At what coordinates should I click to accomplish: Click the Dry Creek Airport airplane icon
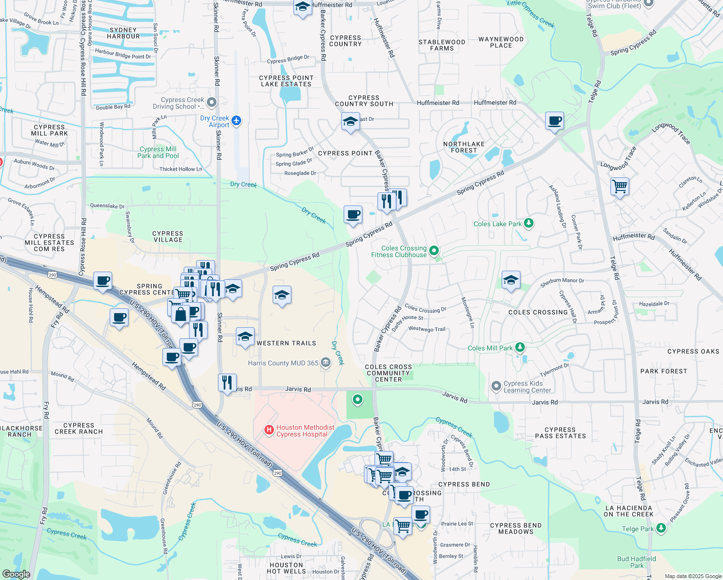tap(236, 120)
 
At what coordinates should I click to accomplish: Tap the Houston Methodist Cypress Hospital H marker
tap(269, 430)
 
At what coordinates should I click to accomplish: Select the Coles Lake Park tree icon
tap(529, 223)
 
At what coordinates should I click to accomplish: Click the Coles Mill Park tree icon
tap(520, 347)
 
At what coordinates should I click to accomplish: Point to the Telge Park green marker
tap(661, 528)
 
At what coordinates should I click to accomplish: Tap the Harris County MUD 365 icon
tap(326, 362)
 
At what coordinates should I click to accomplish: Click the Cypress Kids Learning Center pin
tap(496, 386)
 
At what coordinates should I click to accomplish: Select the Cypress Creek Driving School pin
tap(211, 102)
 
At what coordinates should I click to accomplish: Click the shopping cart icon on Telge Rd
tap(620, 186)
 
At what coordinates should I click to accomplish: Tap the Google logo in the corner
tap(16, 574)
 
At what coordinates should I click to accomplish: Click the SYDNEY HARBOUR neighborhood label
tap(123, 33)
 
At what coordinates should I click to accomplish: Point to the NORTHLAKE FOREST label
tap(463, 147)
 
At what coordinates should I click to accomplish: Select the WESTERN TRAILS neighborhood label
tap(286, 343)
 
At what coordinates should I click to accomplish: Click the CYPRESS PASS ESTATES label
tap(560, 433)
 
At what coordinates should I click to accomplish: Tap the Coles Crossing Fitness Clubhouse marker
tap(434, 250)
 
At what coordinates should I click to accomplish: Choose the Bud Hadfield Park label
tap(636, 562)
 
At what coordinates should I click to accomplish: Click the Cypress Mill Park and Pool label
tap(158, 152)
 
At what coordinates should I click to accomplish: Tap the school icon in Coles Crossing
tap(511, 280)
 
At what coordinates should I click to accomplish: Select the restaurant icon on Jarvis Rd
tap(227, 382)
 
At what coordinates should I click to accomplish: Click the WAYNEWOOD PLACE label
tap(501, 42)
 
